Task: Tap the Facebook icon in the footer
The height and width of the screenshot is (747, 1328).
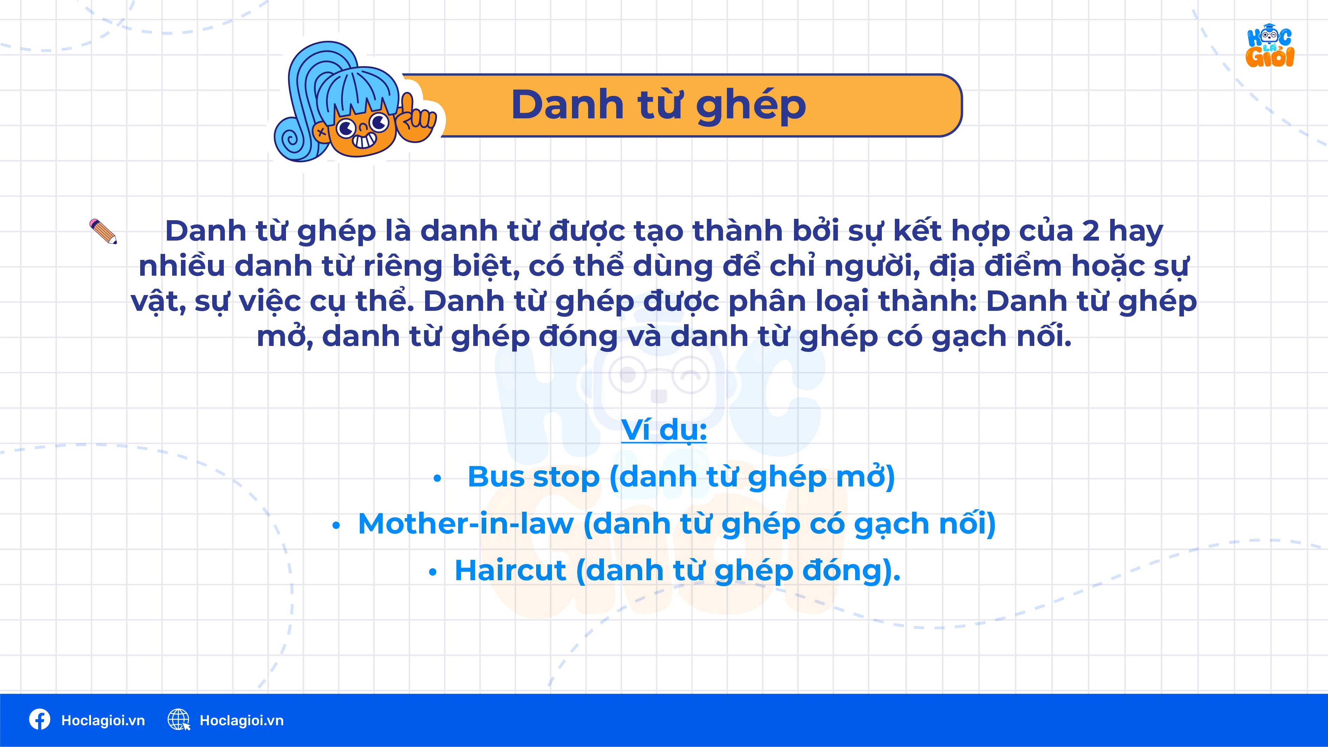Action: (40, 720)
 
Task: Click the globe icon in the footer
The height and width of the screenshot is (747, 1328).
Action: (178, 720)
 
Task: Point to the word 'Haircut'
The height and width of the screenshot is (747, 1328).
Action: (510, 570)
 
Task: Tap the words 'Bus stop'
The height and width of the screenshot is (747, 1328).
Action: (533, 477)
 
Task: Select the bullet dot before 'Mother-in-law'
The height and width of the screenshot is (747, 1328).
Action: (336, 525)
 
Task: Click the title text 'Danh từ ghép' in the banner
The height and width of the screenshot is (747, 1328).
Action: (658, 105)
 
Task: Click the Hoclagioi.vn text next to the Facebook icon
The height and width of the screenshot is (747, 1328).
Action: (103, 720)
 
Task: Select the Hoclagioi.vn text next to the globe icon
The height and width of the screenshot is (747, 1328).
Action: (241, 720)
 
